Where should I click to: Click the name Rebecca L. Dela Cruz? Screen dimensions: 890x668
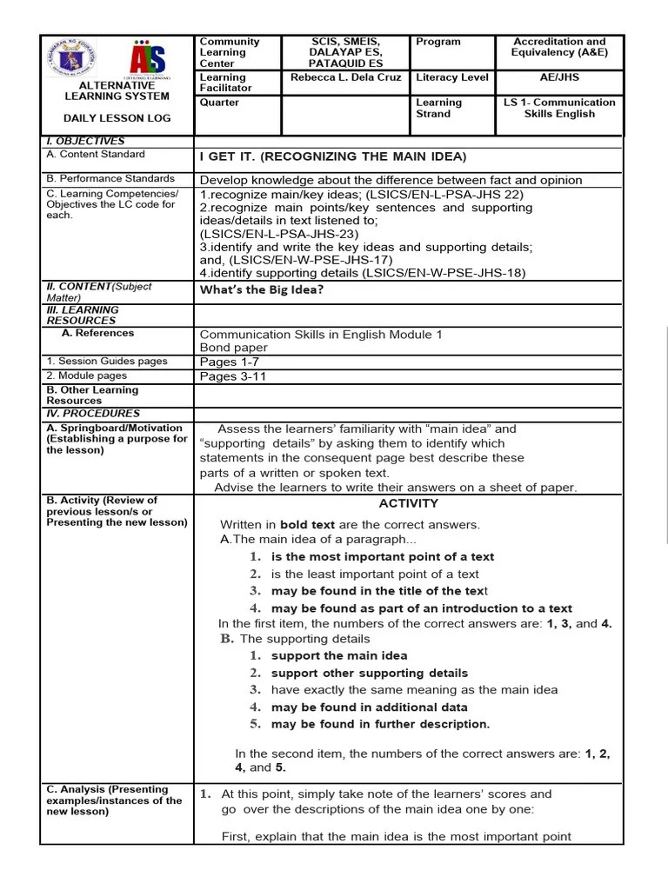[345, 77]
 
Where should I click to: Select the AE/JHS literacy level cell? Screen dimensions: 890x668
[559, 77]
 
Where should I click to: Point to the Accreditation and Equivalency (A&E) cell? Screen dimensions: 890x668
[559, 47]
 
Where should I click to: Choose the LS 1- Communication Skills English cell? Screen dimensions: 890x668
[559, 108]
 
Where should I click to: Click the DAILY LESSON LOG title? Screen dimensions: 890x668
[117, 118]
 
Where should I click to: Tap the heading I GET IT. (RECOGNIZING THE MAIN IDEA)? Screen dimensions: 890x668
[333, 156]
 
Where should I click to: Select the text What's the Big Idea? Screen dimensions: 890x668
[262, 289]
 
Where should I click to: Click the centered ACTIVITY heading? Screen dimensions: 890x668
[409, 503]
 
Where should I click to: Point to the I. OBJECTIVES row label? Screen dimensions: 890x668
[85, 141]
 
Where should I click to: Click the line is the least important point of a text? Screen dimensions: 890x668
[375, 574]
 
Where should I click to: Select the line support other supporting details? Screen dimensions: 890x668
[370, 673]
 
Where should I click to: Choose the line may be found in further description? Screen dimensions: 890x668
[380, 724]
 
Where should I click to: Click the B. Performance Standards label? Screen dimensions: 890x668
[110, 178]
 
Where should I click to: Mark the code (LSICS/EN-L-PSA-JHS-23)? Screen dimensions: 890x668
[278, 234]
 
